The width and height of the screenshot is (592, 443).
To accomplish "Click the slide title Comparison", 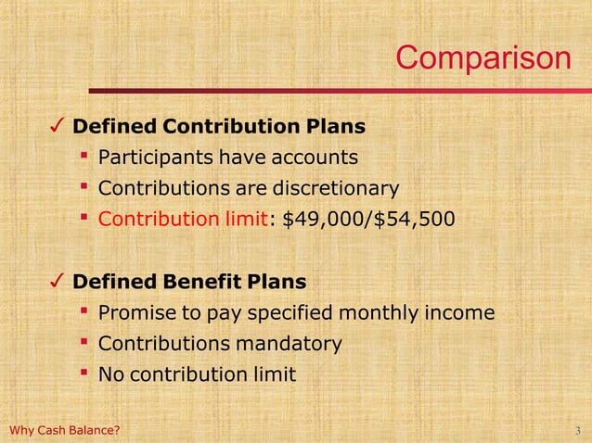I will pyautogui.click(x=483, y=57).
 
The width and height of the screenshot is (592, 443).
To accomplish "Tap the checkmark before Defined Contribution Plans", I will pyautogui.click(x=57, y=125).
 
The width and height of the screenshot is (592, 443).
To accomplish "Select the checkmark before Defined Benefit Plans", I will pyautogui.click(x=57, y=280).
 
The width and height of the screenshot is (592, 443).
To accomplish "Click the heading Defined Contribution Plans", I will pyautogui.click(x=219, y=125).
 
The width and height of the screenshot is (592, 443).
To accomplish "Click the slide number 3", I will pyautogui.click(x=578, y=431).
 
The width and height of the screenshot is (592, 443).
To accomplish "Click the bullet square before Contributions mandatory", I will pyautogui.click(x=84, y=342).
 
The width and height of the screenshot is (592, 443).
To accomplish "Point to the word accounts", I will pyautogui.click(x=313, y=158).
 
